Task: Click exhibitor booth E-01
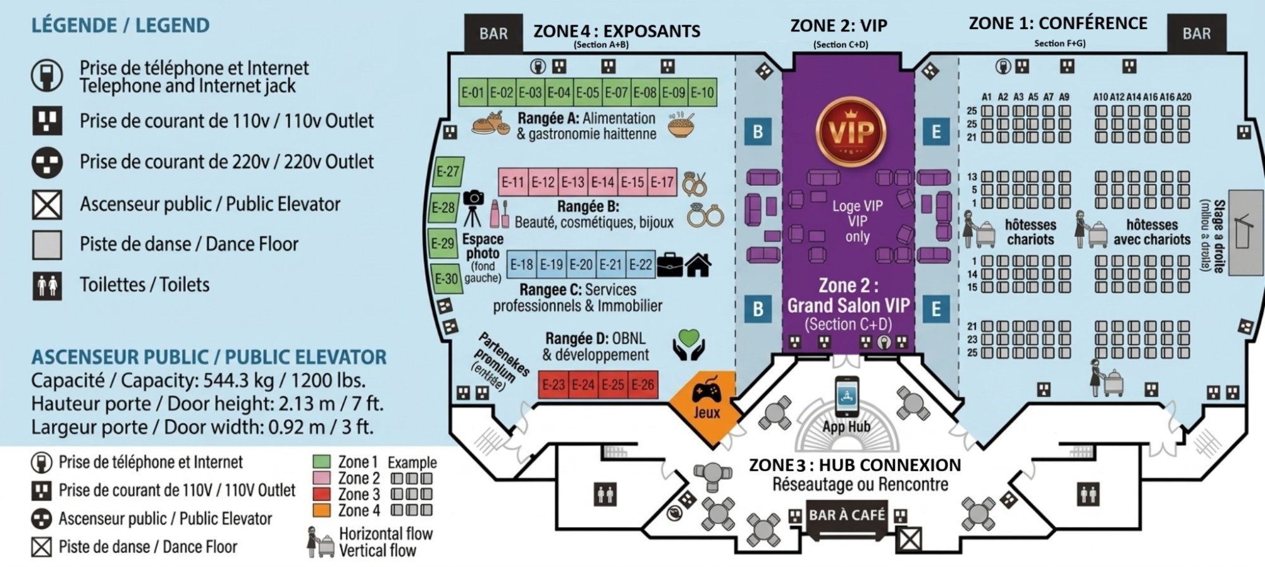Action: pos(472,93)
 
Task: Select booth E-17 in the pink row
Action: pos(662,183)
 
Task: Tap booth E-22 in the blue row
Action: pos(640,264)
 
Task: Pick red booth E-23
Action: pos(553,385)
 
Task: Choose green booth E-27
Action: pos(448,172)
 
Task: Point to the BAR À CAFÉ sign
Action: pos(846,515)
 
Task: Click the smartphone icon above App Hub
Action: pos(846,396)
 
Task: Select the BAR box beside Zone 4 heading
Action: pos(493,34)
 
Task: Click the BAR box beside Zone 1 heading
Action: pos(1196,34)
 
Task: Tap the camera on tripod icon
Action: pos(473,207)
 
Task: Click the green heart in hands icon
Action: pos(688,344)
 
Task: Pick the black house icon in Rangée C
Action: pos(698,265)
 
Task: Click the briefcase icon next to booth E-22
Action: pos(669,265)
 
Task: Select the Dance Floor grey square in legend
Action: pos(47,245)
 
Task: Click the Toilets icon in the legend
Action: pos(47,285)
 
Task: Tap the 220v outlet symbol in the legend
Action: pos(47,162)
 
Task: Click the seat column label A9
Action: pos(1064,97)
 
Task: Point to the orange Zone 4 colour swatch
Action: pos(321,510)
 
